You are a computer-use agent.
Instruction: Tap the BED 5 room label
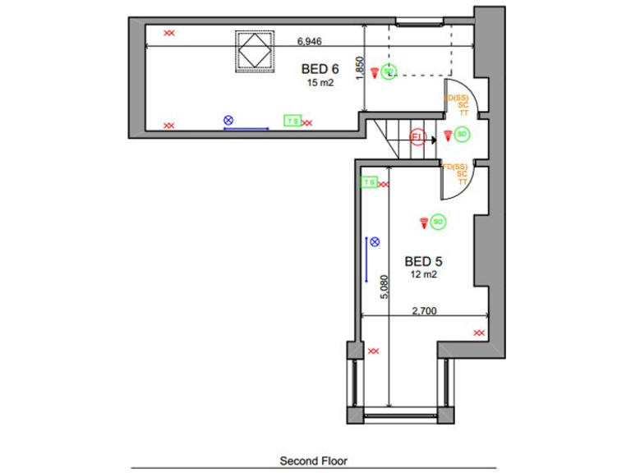pos(423,261)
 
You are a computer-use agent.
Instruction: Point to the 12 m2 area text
pos(424,275)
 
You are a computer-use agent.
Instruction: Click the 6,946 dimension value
pos(310,40)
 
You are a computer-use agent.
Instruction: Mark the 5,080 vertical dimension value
pos(384,287)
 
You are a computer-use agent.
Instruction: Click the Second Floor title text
pos(313,462)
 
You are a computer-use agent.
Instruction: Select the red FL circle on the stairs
pos(417,136)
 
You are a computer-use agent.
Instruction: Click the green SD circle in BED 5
pos(438,222)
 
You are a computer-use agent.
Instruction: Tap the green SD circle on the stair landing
pos(462,134)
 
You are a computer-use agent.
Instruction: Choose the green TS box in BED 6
pos(292,122)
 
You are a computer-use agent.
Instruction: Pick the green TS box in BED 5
pos(369,182)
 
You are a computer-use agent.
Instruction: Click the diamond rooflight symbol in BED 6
pos(255,51)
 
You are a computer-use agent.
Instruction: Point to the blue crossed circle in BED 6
pos(228,121)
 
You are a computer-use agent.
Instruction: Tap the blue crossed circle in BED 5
pos(375,241)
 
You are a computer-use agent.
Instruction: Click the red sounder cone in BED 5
pos(424,222)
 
